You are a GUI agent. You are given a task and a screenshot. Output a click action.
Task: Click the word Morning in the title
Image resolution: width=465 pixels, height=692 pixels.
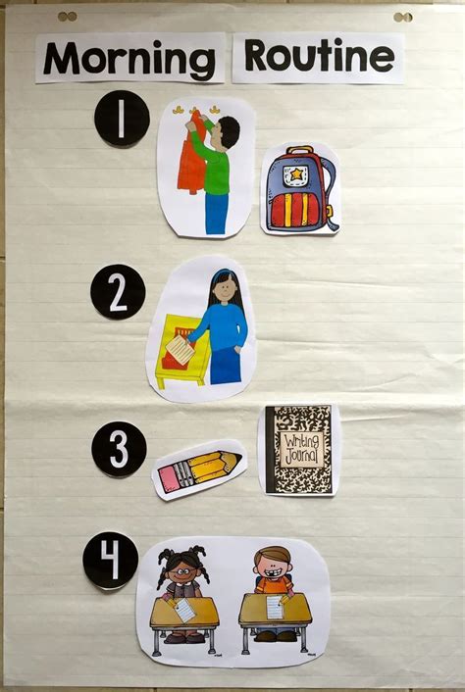click(x=129, y=59)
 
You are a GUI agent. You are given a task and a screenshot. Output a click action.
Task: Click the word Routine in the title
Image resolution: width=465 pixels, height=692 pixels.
click(x=319, y=56)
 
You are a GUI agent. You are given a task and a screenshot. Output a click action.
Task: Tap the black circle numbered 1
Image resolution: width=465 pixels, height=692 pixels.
click(x=122, y=119)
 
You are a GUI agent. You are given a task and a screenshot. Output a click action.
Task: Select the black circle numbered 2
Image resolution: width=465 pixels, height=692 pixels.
click(x=118, y=292)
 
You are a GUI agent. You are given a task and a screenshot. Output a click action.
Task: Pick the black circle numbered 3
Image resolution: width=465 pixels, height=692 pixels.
click(x=119, y=449)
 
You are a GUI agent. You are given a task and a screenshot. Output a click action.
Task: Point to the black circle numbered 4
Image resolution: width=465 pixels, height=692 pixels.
click(x=111, y=560)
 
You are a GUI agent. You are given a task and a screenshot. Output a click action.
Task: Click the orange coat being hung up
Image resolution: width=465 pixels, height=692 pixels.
click(x=192, y=154)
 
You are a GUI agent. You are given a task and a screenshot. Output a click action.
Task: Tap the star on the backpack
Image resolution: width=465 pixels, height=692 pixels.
click(x=295, y=173)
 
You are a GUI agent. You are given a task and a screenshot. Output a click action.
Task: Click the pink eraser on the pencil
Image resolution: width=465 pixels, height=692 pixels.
click(x=169, y=479)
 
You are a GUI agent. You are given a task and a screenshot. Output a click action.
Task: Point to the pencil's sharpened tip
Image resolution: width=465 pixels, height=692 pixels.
click(x=237, y=457)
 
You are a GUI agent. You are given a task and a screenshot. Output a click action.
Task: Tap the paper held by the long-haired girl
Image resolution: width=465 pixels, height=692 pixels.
click(x=181, y=350)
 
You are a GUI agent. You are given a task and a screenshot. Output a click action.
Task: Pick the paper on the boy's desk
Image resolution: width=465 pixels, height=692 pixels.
click(x=275, y=608)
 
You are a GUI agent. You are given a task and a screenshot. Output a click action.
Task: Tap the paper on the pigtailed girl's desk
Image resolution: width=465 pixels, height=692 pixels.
click(x=184, y=610)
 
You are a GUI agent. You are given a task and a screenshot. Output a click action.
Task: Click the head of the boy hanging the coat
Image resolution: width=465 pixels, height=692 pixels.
click(x=225, y=131)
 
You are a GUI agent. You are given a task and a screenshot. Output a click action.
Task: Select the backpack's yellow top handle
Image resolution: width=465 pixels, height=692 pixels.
click(x=300, y=150)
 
